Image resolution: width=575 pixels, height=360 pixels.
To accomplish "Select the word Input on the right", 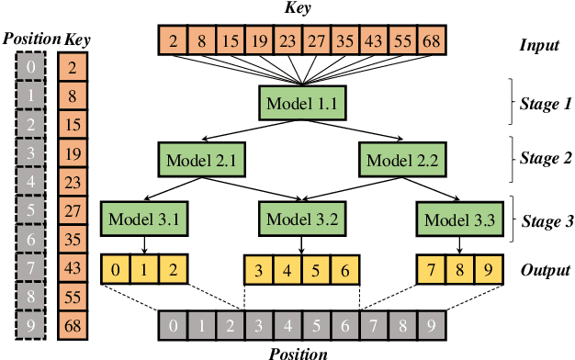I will coord(540,45).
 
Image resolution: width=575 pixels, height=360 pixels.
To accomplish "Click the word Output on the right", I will coord(545,271).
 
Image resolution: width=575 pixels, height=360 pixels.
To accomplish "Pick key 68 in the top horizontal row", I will coord(430,41).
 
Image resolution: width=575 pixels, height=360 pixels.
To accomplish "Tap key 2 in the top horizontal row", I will coord(171,41).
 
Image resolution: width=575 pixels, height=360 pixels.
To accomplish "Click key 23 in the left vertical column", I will coord(73,181).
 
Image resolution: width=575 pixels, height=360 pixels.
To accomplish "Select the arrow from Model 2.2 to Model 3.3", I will coord(432,189).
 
